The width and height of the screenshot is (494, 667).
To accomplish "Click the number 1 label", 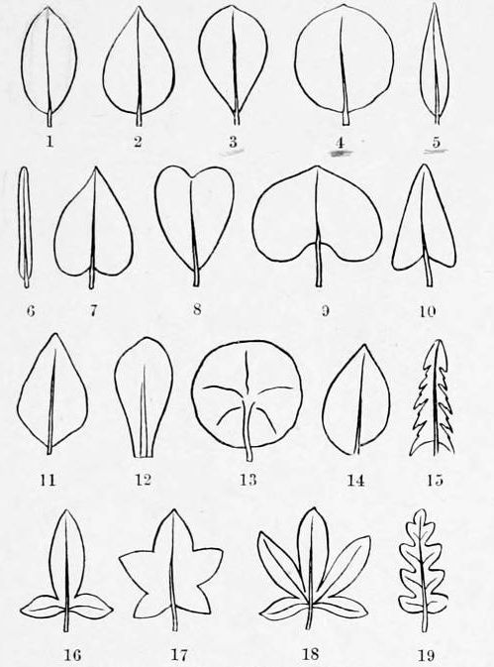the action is [49, 142].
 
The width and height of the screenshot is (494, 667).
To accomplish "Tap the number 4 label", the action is [340, 143].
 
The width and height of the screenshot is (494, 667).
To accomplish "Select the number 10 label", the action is [427, 311].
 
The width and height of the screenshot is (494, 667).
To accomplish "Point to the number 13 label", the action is [248, 480].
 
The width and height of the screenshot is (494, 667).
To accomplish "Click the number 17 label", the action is [179, 654].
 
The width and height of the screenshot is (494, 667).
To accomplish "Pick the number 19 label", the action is [426, 655].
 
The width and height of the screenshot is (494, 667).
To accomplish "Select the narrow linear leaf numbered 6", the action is [25, 227].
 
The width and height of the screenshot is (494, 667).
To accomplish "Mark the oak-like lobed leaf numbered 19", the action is [423, 570].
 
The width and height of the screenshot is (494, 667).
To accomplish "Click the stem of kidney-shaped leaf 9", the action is [319, 265].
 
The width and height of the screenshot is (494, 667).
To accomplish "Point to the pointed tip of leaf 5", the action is [435, 4].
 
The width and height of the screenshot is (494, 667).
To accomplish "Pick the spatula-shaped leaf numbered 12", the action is [144, 397].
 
